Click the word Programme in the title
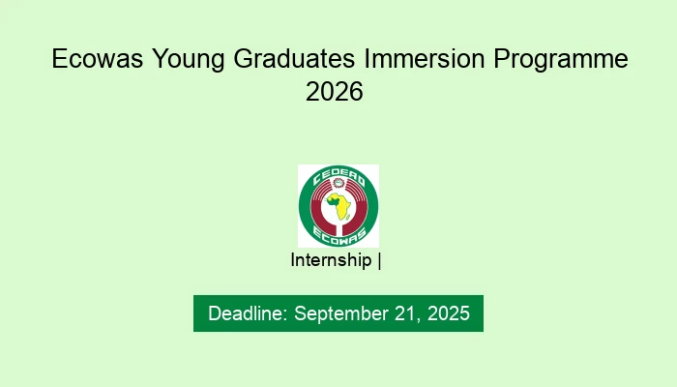[x=562, y=60]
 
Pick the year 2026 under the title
[x=338, y=93]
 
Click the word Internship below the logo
[x=331, y=260]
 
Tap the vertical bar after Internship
[x=379, y=260]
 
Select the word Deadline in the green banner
[x=247, y=313]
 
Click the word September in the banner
[x=338, y=313]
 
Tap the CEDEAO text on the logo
[x=338, y=177]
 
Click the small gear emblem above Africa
[x=338, y=190]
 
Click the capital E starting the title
[x=59, y=60]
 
